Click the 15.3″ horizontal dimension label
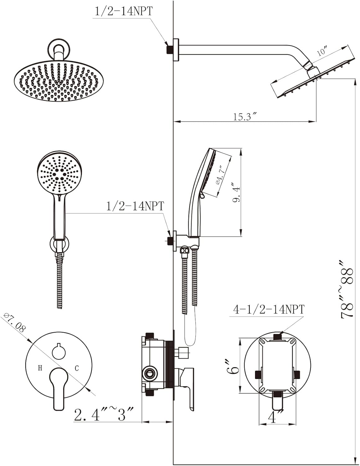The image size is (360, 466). point(245,117)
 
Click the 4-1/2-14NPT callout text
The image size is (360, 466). point(269,309)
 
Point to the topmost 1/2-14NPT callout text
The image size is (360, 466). point(124,11)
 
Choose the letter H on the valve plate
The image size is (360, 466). point(40,368)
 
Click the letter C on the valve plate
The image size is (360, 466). point(77,368)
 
